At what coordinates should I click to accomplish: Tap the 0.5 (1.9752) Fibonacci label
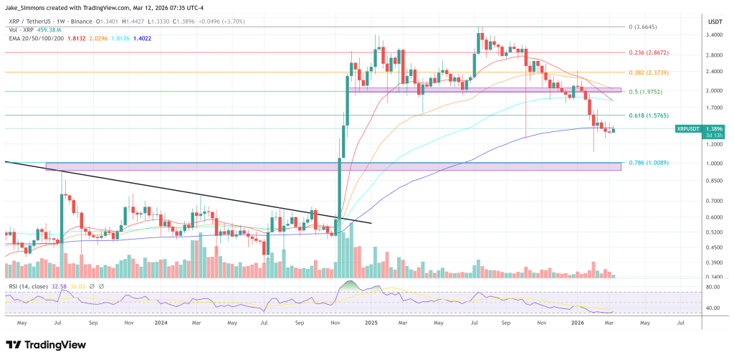pos(646,91)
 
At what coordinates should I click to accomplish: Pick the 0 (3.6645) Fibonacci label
pos(643,27)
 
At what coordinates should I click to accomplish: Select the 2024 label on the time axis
pos(163,323)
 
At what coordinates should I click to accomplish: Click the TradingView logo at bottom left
pos(46,345)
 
